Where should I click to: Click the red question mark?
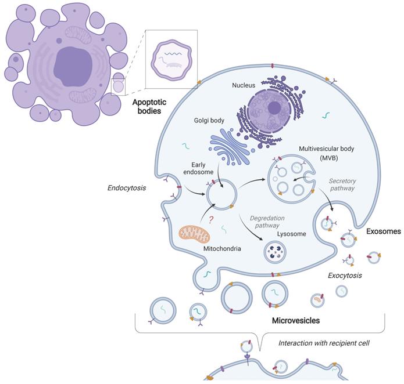pos(210,220)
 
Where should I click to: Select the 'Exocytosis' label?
pos(345,275)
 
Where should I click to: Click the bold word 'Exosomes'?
pos(384,231)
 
